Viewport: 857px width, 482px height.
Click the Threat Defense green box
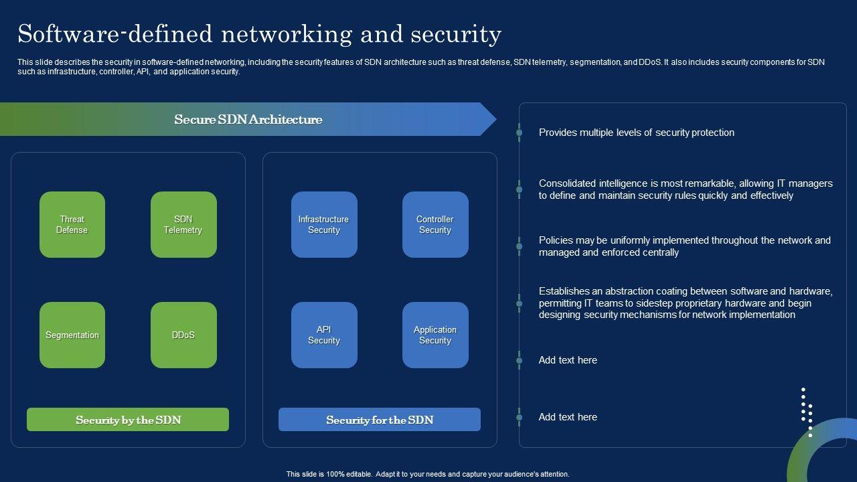[x=72, y=224]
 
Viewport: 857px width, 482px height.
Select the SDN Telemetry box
[x=183, y=224]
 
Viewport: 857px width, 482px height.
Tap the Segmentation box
[x=72, y=335]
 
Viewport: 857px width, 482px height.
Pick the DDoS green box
[x=183, y=335]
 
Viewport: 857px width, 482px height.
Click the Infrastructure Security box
[x=324, y=224]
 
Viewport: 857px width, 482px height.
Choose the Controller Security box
[x=435, y=224]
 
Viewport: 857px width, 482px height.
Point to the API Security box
[x=324, y=335]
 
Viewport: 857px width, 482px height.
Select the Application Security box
[x=435, y=335]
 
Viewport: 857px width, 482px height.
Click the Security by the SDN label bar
[x=128, y=420]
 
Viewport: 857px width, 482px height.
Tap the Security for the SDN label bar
[x=380, y=420]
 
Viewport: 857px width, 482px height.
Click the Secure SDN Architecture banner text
[x=248, y=119]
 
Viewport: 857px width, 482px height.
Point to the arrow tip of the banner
[x=496, y=119]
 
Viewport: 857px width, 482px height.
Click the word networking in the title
[x=287, y=34]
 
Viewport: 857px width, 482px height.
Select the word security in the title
[x=456, y=34]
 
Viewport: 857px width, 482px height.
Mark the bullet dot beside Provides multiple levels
[x=519, y=133]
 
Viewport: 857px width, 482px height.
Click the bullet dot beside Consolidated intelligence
[x=519, y=189]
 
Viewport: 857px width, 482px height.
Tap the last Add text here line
[x=568, y=417]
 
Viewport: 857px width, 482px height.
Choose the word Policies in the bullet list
[x=554, y=240]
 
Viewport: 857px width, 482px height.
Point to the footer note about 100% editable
[x=428, y=474]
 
